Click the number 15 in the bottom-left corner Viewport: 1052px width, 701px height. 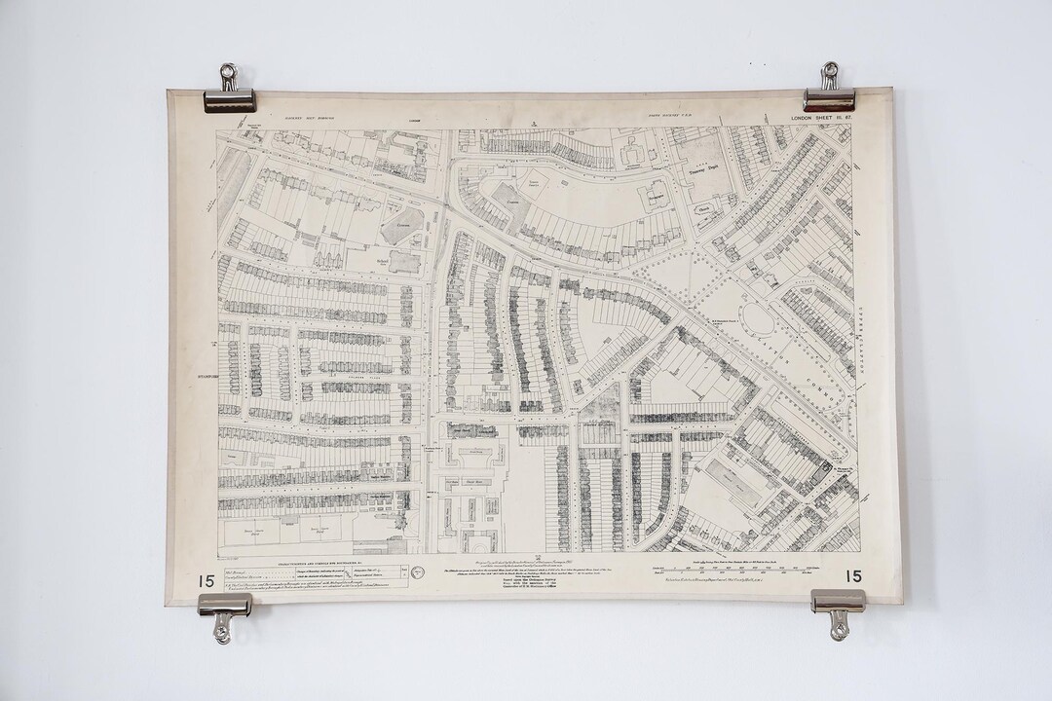click(x=206, y=578)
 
